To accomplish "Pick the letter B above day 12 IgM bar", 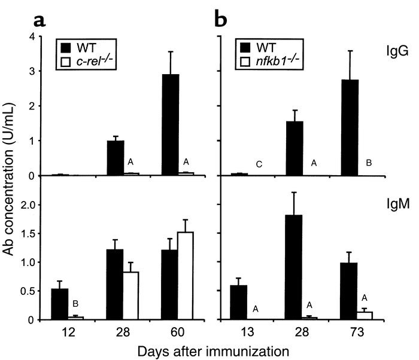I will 75,304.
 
